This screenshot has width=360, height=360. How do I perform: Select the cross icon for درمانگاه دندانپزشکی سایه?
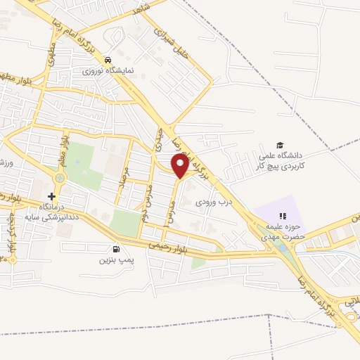point(51,196)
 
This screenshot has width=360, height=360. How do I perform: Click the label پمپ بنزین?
point(115,260)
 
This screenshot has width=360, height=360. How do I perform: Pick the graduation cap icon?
point(280,145)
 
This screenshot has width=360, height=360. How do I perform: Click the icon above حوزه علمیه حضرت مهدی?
point(283,216)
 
